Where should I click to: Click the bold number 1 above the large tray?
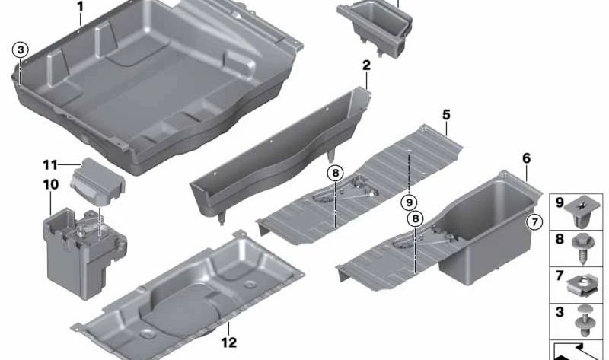(x=81, y=7)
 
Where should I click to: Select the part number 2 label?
(x=366, y=65)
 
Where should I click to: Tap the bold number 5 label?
(x=446, y=115)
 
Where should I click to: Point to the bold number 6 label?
(x=526, y=158)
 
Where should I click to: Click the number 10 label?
(x=50, y=184)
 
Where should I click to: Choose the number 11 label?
(x=50, y=165)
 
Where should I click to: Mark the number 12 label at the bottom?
(x=229, y=342)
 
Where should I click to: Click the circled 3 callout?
(x=21, y=49)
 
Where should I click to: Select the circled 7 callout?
(x=534, y=222)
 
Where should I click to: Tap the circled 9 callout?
(x=409, y=202)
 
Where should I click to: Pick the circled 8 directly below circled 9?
(x=416, y=218)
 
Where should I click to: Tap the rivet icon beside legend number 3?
(x=584, y=320)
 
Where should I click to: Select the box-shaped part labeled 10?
(x=83, y=253)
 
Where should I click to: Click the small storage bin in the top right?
(x=376, y=28)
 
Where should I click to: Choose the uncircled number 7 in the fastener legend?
(x=560, y=276)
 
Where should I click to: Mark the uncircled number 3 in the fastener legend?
(x=560, y=312)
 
